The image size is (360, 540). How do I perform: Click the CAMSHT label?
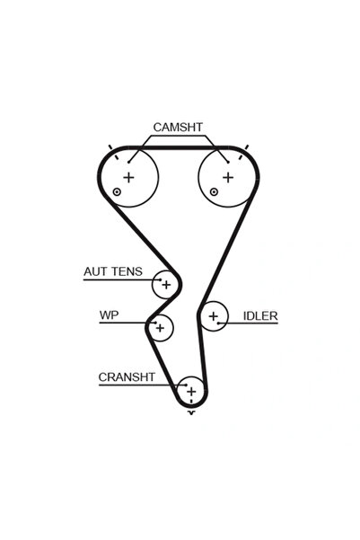pyautogui.click(x=177, y=128)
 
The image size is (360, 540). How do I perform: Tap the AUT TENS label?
pyautogui.click(x=112, y=270)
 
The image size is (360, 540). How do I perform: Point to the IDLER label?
pyautogui.click(x=260, y=316)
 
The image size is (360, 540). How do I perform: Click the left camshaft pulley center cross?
pyautogui.click(x=128, y=177)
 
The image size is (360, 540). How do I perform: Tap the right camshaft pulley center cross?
pyautogui.click(x=227, y=177)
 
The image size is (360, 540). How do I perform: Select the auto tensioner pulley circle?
pyautogui.click(x=165, y=284)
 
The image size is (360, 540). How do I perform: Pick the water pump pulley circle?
pyautogui.click(x=160, y=328)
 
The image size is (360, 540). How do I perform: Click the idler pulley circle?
pyautogui.click(x=213, y=316)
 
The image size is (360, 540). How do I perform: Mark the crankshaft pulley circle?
pyautogui.click(x=190, y=391)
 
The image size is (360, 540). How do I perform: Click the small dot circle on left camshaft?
pyautogui.click(x=117, y=192)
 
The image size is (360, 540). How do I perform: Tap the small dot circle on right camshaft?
pyautogui.click(x=214, y=192)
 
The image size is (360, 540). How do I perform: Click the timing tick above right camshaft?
pyautogui.click(x=246, y=146)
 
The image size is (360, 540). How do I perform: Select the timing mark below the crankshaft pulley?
pyautogui.click(x=190, y=413)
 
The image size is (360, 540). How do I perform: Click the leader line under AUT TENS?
pyautogui.click(x=117, y=280)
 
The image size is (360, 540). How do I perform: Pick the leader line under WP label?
pyautogui.click(x=121, y=324)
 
